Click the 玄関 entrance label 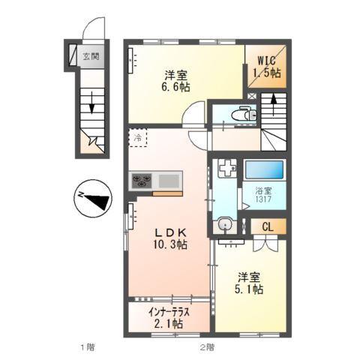pos(91,55)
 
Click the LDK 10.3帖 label pos(170,238)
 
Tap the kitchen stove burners pos(142,180)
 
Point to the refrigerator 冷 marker pos(137,137)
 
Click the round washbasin pos(224,223)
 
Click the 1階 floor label pos(88,346)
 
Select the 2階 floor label pos(207,346)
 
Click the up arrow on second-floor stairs pos(273,103)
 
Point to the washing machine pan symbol pos(226,170)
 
